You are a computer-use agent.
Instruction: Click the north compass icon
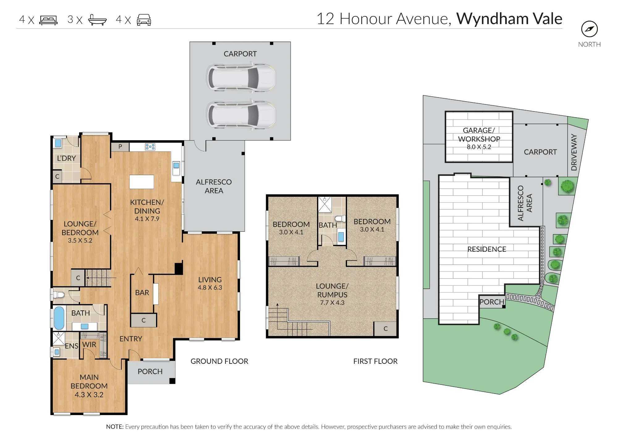coord(589,29)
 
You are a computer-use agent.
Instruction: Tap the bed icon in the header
coord(49,20)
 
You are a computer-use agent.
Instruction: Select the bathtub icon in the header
coord(97,20)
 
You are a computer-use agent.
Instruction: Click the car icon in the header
coord(144,20)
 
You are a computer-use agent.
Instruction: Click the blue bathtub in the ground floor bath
coord(59,318)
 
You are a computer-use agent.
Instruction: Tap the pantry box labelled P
coord(120,147)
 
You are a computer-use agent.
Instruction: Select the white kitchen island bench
coord(142,182)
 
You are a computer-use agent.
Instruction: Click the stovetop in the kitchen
coord(150,147)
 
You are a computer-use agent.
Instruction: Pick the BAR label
coord(142,292)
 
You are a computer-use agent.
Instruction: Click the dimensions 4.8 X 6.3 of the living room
coord(210,288)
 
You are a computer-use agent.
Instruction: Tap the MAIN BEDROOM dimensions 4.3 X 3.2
coord(89,395)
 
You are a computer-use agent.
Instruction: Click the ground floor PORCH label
coord(150,372)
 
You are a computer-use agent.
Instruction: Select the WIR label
coord(89,345)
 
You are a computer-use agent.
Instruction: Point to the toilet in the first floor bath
coord(340,219)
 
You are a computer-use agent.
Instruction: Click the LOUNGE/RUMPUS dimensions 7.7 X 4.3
coord(332,303)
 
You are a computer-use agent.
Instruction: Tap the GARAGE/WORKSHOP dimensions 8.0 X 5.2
coord(479,147)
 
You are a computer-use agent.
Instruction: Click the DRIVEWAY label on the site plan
coord(574,152)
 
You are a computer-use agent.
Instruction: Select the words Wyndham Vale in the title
coord(509,19)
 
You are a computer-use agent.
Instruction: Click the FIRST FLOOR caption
coord(375,361)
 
